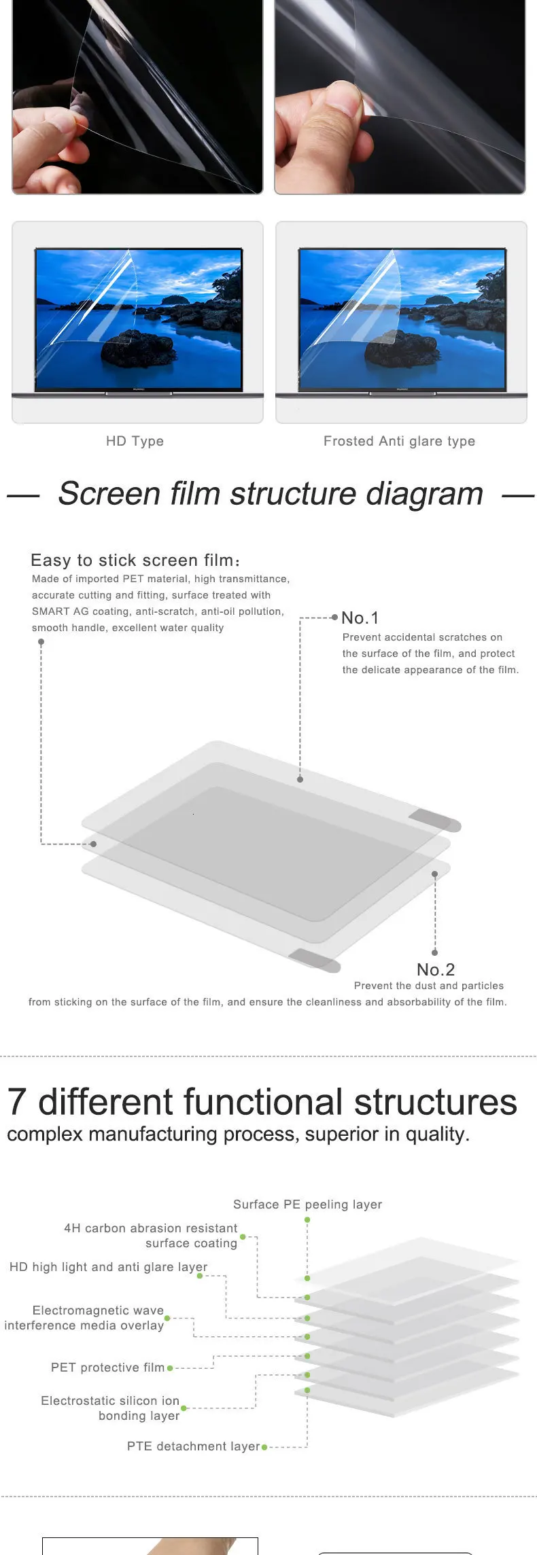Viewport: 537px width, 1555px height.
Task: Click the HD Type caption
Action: pyautogui.click(x=135, y=441)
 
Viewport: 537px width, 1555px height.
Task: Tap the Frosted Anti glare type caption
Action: pyautogui.click(x=399, y=441)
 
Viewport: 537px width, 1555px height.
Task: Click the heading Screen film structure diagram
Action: pyautogui.click(x=270, y=493)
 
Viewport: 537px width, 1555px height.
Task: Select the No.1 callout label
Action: pyautogui.click(x=360, y=618)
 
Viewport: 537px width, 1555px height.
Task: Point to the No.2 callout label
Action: pyautogui.click(x=435, y=969)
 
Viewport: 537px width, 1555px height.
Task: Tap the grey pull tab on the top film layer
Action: pyautogui.click(x=435, y=819)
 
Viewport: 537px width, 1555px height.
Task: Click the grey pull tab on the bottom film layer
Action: pyautogui.click(x=314, y=960)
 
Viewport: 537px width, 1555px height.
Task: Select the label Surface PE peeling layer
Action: pyautogui.click(x=307, y=1204)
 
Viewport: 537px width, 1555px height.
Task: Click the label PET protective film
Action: pyautogui.click(x=107, y=1368)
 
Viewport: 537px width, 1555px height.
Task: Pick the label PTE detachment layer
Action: pyautogui.click(x=193, y=1446)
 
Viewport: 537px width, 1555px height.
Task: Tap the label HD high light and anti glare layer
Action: pyautogui.click(x=108, y=1267)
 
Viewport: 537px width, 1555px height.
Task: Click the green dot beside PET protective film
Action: pyautogui.click(x=170, y=1368)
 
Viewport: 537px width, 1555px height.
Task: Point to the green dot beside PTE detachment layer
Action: pyautogui.click(x=264, y=1447)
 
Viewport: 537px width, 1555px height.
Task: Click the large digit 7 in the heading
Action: pyautogui.click(x=17, y=1101)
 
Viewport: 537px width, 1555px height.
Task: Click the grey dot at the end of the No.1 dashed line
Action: pyautogui.click(x=300, y=779)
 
